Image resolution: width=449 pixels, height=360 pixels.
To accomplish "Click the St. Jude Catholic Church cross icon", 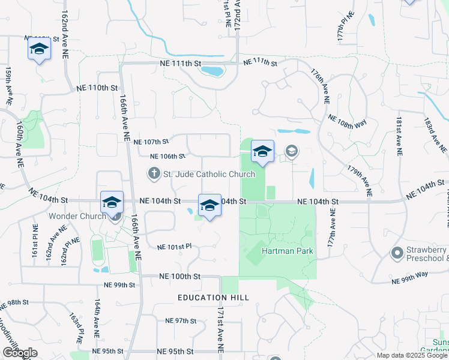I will pyautogui.click(x=154, y=174).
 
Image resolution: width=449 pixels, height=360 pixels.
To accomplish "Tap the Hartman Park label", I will pyautogui.click(x=288, y=251).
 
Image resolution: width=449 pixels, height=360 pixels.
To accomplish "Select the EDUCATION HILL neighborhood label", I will pyautogui.click(x=212, y=298).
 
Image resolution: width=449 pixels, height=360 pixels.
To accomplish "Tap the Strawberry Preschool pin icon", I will pyautogui.click(x=396, y=253).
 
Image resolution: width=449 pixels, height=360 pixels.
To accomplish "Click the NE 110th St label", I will pyautogui.click(x=97, y=88).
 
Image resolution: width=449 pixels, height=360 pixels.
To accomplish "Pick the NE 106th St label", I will pyautogui.click(x=167, y=156).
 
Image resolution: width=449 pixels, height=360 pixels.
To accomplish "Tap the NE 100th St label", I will pyautogui.click(x=179, y=276).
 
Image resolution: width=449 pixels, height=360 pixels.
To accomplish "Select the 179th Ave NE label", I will pyautogui.click(x=360, y=178).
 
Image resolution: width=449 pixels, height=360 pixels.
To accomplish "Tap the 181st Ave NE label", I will pyautogui.click(x=398, y=137).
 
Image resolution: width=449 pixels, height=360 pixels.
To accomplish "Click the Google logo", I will pyautogui.click(x=20, y=353).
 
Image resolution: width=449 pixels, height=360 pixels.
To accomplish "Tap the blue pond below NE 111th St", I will pyautogui.click(x=212, y=72).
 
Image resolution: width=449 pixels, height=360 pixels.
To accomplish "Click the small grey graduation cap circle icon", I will pyautogui.click(x=292, y=151).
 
